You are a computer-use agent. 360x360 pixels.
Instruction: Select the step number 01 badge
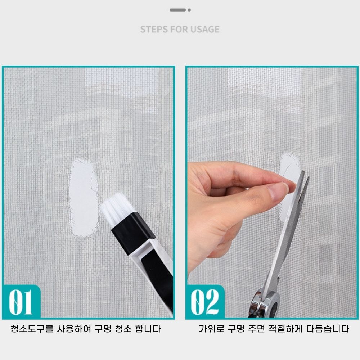[21, 302]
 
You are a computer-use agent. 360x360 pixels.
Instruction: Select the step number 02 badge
[205, 302]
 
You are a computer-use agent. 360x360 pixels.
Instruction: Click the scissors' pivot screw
[271, 299]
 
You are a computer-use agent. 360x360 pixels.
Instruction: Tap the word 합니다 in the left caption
[148, 329]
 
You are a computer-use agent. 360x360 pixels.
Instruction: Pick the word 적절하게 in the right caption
[285, 329]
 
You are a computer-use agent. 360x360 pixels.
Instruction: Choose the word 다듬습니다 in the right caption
[328, 329]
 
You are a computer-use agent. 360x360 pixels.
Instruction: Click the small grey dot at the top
[189, 10]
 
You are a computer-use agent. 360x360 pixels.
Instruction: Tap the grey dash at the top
[178, 10]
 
